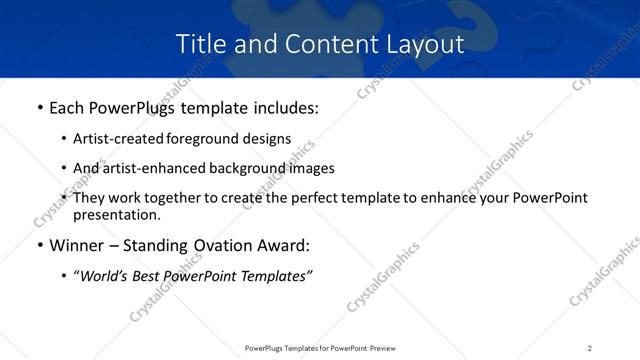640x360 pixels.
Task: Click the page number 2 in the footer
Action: pos(590,347)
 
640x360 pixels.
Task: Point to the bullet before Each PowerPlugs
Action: pos(39,105)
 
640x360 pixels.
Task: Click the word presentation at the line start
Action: pos(116,214)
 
